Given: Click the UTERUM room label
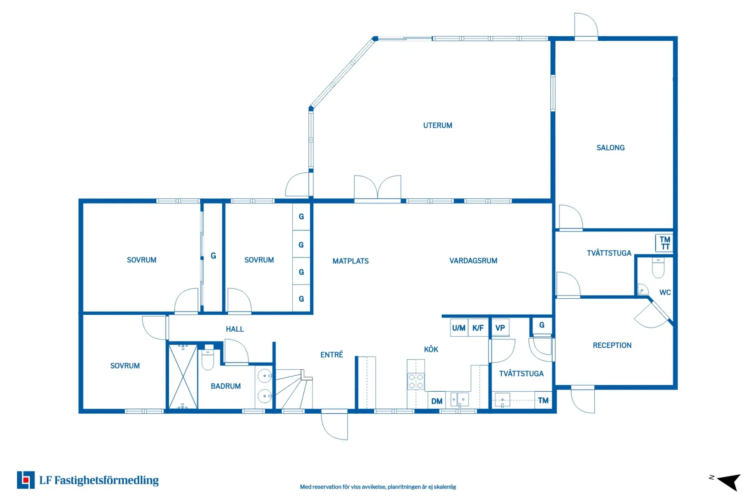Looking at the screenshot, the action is click(438, 125).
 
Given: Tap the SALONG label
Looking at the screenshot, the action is click(610, 148).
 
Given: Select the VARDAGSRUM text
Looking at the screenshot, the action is click(473, 261).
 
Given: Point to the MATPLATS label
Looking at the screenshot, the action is click(351, 261).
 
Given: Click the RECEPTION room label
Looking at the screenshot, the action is click(612, 345).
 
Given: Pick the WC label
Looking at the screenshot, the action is click(665, 292).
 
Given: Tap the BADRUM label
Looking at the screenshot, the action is click(225, 386).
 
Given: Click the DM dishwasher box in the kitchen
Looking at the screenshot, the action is click(437, 401).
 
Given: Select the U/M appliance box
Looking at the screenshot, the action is click(459, 328).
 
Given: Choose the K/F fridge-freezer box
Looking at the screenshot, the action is click(478, 328).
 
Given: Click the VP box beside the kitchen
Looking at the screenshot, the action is click(500, 328).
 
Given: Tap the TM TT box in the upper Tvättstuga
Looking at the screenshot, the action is click(664, 243).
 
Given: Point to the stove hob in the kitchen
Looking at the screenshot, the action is click(416, 381).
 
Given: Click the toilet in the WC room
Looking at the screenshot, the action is click(658, 268).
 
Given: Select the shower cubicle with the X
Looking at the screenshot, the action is click(183, 377).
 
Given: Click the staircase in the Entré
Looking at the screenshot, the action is click(294, 389).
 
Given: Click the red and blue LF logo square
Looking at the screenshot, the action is click(26, 480).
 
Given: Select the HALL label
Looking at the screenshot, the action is click(235, 329).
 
